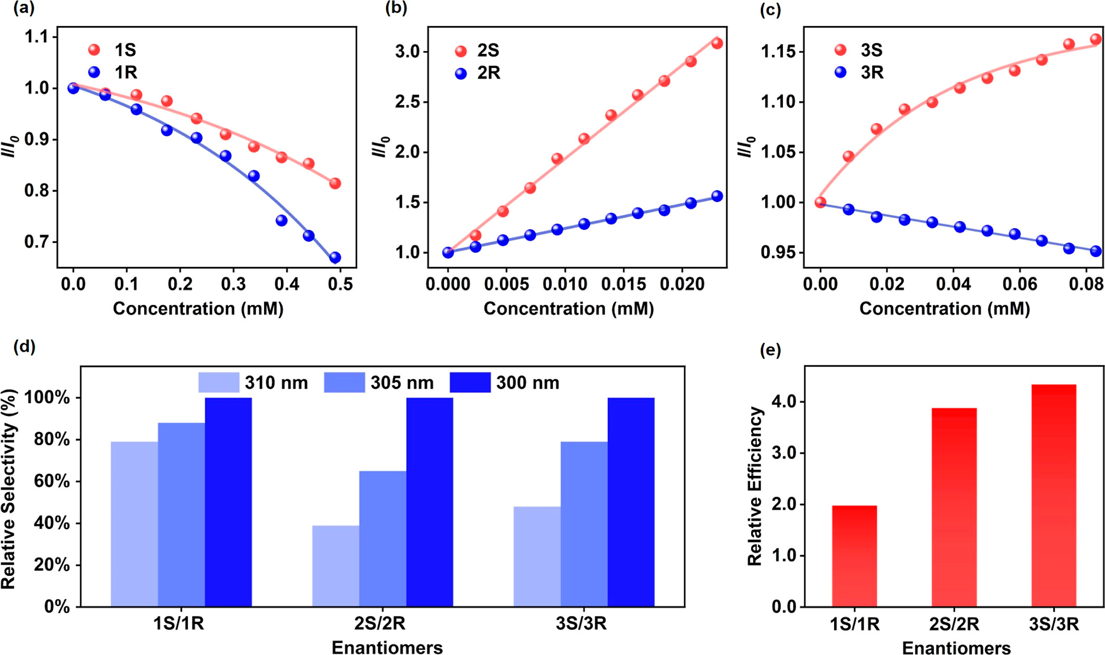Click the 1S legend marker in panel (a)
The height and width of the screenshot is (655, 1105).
[94, 50]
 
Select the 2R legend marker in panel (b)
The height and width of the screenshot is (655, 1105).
[461, 73]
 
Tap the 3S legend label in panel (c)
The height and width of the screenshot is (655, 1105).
[872, 50]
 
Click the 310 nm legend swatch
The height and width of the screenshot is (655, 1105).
[219, 382]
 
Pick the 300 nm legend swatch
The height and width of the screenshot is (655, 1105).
[470, 382]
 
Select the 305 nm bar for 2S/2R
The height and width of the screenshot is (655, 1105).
[382, 539]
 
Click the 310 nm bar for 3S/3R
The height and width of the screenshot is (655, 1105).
[537, 557]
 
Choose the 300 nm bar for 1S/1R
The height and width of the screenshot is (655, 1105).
[228, 502]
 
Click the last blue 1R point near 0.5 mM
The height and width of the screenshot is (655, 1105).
[335, 258]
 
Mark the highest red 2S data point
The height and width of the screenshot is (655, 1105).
[717, 43]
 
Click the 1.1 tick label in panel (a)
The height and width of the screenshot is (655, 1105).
[36, 36]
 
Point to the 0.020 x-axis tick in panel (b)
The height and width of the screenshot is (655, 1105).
[682, 284]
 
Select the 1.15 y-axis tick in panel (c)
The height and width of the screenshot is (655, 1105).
[778, 52]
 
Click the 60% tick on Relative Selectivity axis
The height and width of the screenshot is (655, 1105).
[51, 481]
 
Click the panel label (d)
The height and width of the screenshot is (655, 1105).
[24, 347]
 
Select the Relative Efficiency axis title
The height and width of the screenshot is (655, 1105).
[755, 486]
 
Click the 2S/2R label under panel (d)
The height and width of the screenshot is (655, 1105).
[380, 624]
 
